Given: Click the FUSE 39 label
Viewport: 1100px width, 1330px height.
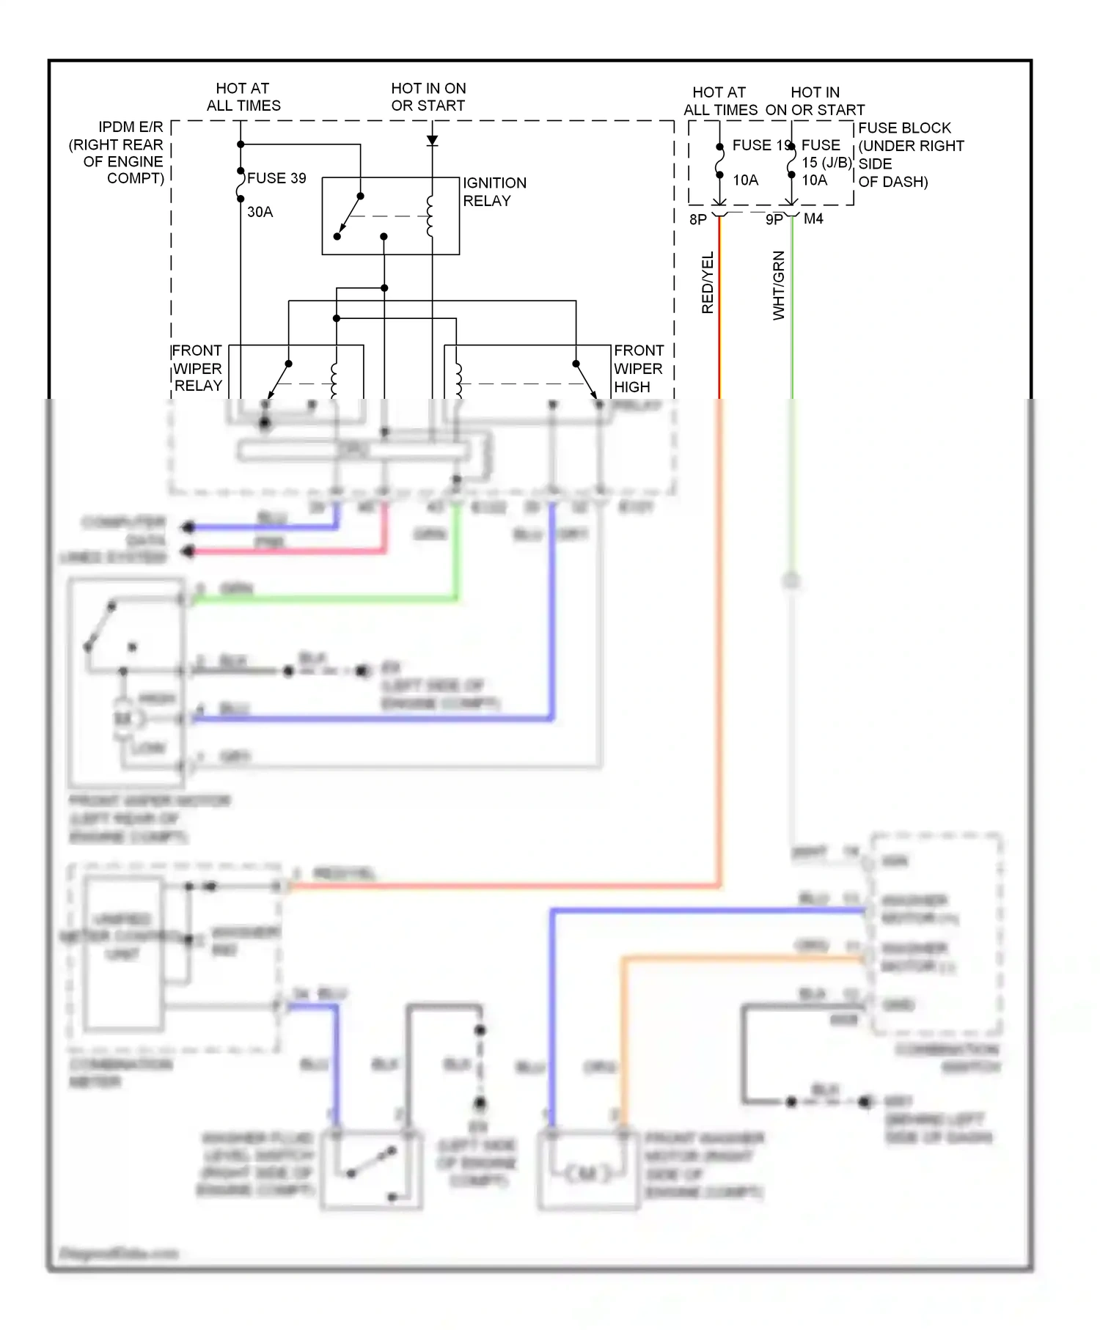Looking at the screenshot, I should (x=276, y=178).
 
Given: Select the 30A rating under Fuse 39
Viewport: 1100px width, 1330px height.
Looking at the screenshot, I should (x=260, y=212).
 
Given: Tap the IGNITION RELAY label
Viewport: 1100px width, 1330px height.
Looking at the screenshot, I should (x=494, y=191).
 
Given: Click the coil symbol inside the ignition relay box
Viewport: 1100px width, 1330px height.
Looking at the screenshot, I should (x=430, y=216).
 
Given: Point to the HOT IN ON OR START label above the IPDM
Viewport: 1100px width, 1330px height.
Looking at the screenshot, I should (x=428, y=97).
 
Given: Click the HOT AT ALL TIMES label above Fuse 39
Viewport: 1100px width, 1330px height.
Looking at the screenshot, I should (x=243, y=97).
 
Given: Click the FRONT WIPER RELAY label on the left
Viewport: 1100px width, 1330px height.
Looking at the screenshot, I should (x=197, y=368).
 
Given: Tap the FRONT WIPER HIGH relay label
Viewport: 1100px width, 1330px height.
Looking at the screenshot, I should (x=638, y=369).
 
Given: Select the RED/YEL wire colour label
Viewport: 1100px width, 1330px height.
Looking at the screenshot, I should (x=708, y=283).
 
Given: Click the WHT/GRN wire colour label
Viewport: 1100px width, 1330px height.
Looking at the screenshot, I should (x=779, y=285).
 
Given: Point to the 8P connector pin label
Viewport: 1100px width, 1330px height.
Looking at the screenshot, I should (x=698, y=219).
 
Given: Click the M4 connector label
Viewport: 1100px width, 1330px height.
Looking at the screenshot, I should (x=813, y=218).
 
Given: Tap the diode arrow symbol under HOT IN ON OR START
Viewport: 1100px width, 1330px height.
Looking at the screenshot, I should (x=433, y=140).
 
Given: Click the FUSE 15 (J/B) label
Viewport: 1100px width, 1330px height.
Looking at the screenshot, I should (x=825, y=154).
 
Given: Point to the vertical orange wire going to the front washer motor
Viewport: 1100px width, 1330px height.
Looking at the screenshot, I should (x=623, y=1041).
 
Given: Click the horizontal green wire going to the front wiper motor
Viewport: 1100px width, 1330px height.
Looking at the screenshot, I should (x=323, y=600).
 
